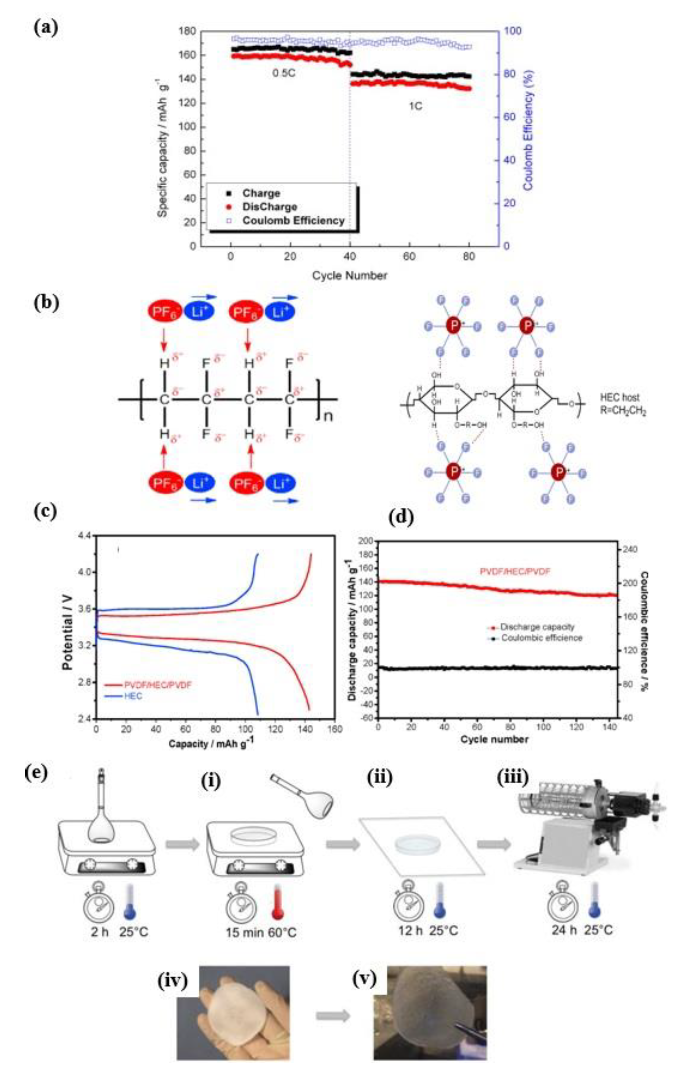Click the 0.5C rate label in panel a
click(284, 73)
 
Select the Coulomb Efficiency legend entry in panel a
click(293, 220)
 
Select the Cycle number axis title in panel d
click(494, 739)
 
